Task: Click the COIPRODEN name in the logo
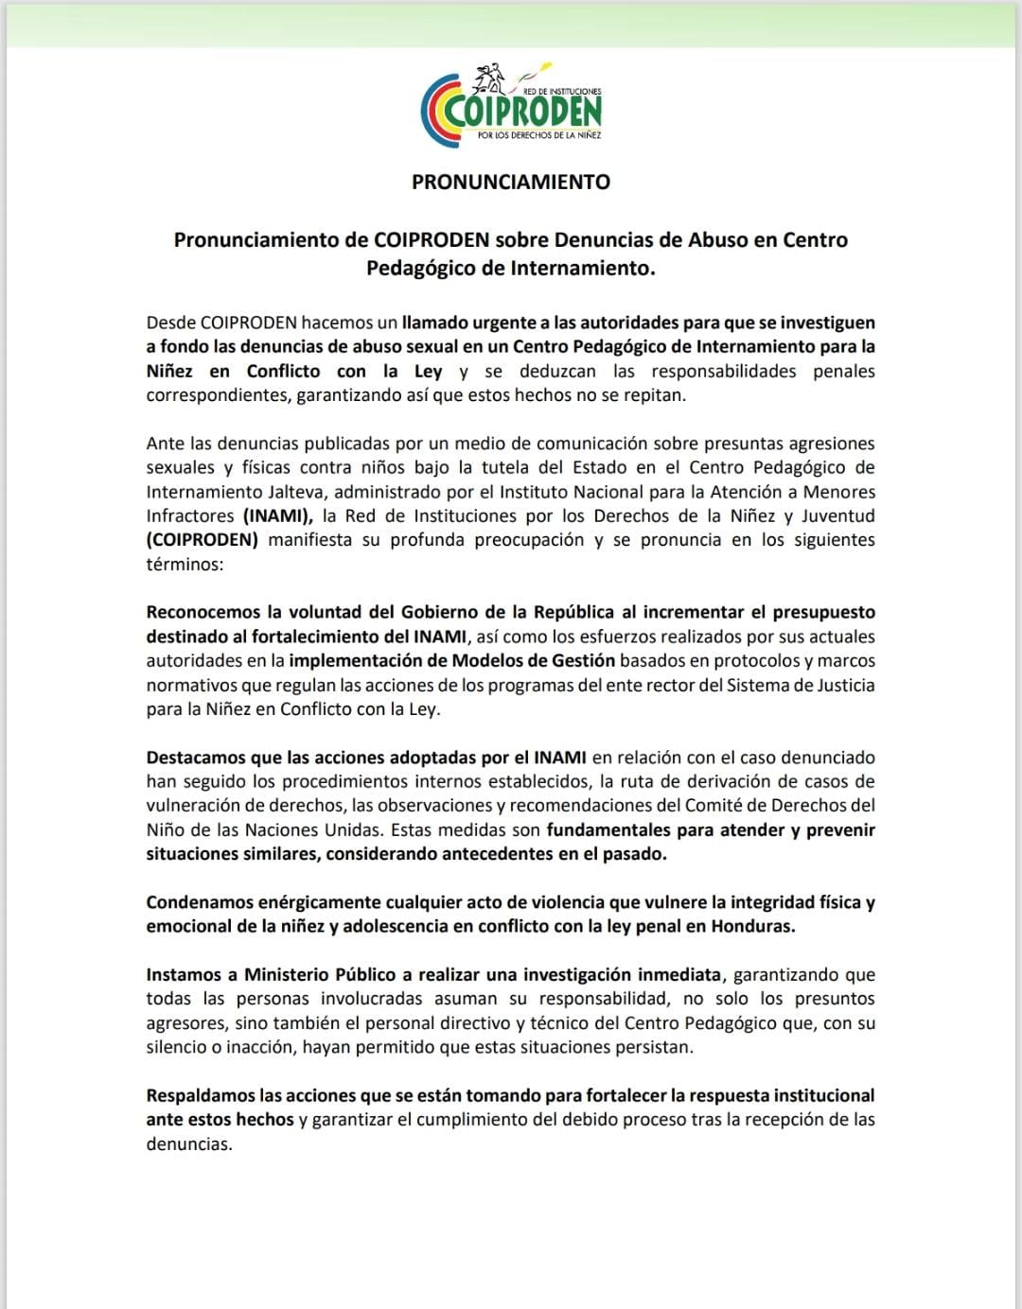click(522, 113)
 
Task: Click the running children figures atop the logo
click(494, 76)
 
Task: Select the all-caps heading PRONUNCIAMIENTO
click(511, 182)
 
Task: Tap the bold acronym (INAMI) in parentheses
click(278, 515)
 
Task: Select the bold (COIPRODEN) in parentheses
click(203, 540)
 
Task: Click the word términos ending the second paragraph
click(185, 565)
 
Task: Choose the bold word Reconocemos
click(203, 612)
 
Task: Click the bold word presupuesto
click(823, 612)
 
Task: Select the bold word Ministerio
click(289, 974)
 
